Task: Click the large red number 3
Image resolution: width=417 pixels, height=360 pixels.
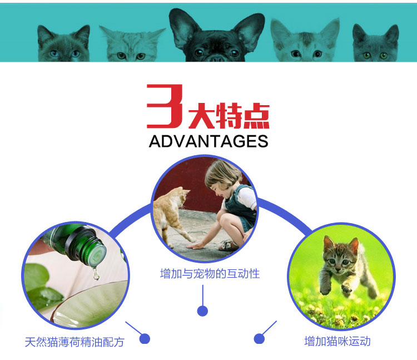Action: click(165, 106)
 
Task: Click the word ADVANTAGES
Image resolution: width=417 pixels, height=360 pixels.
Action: click(209, 141)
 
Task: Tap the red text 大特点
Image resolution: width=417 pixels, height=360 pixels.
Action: click(229, 116)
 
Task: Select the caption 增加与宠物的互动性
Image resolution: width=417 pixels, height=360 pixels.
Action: click(210, 274)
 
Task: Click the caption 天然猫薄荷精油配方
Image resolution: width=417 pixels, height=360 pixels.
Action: click(75, 342)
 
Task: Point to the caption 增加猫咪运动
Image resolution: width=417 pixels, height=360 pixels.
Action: click(337, 341)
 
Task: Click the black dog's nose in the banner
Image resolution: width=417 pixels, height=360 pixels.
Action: click(217, 58)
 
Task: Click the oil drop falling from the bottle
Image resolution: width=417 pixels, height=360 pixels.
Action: click(96, 274)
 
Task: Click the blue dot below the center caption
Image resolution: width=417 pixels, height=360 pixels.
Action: click(202, 311)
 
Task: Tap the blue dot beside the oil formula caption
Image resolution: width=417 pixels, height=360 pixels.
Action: click(145, 339)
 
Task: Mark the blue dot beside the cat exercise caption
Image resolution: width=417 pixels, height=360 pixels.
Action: click(259, 339)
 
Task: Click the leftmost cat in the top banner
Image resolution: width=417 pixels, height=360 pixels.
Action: click(63, 44)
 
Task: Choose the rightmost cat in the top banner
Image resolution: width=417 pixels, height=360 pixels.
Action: click(376, 43)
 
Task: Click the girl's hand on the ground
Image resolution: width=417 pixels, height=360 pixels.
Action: click(193, 246)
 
